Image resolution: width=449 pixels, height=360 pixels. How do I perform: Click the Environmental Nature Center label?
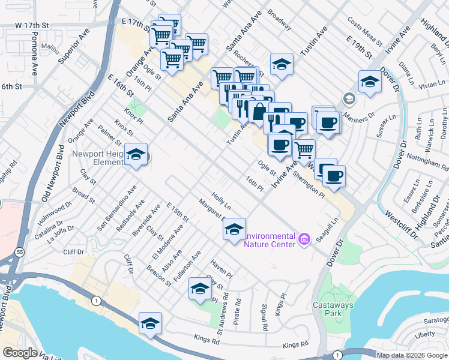tap(270, 239)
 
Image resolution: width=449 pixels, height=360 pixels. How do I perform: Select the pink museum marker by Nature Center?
tap(304, 239)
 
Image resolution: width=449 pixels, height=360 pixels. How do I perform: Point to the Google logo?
tap(20, 353)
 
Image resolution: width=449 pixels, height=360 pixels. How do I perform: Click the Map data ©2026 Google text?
tap(411, 355)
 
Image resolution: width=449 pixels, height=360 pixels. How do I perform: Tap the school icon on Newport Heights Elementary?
tap(136, 155)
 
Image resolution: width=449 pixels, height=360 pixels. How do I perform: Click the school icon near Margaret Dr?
tap(234, 229)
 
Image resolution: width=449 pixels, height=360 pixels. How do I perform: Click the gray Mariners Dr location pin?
tap(348, 98)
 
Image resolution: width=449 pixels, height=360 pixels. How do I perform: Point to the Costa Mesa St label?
tap(365, 31)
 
